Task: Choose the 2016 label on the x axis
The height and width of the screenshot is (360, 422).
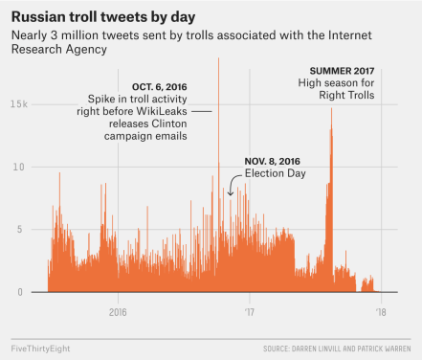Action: point(118,311)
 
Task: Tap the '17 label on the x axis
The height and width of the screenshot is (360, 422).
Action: point(250,311)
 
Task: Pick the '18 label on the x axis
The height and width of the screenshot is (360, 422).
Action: point(381,311)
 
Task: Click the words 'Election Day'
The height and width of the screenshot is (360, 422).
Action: point(275,173)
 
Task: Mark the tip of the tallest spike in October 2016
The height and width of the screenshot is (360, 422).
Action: point(218,59)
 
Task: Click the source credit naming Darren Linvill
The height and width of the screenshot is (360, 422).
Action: point(337,349)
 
